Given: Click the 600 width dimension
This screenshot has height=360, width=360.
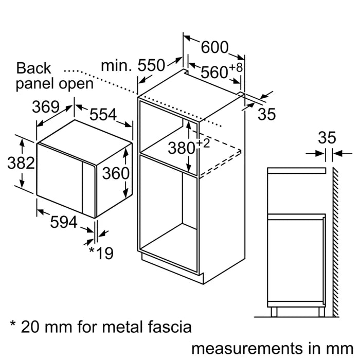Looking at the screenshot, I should (x=214, y=47).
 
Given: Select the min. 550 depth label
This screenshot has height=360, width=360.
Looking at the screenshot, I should (x=133, y=66).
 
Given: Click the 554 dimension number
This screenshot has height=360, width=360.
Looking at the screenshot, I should (x=103, y=115).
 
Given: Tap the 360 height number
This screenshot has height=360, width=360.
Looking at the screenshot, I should (x=115, y=173).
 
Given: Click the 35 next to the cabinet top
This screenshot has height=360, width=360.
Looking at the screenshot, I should (x=266, y=114).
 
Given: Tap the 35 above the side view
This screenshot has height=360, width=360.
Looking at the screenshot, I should (x=327, y=137).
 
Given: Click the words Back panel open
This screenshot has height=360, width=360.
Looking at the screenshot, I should (x=55, y=76).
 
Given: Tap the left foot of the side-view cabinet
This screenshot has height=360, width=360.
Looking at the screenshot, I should (x=274, y=311).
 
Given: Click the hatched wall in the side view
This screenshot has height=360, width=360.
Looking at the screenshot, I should (x=335, y=242).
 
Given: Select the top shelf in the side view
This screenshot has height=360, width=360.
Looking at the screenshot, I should (x=296, y=170).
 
